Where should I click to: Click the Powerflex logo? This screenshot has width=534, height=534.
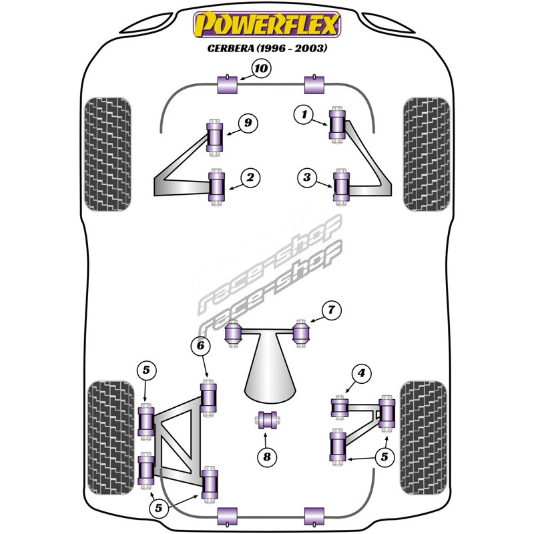point(266,26)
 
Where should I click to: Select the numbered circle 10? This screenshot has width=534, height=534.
point(261,68)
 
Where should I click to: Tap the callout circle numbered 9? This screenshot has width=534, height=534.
point(248,123)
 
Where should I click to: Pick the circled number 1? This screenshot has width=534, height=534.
point(304,115)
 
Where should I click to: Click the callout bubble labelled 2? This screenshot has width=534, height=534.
point(250,178)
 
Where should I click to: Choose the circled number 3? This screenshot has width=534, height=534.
point(307,178)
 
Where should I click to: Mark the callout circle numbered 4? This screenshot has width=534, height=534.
point(361,374)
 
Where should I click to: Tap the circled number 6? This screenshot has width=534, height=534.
point(200,346)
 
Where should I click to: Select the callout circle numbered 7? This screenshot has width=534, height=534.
point(331,310)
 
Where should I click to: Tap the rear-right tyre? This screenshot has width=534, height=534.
point(423,437)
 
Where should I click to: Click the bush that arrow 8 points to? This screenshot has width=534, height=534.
point(268,421)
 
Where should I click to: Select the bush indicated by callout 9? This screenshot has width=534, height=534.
point(215,137)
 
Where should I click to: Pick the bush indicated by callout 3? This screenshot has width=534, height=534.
point(342,187)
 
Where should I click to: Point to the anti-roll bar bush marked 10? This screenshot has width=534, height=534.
point(228,86)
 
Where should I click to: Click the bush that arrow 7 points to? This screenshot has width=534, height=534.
point(303,332)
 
